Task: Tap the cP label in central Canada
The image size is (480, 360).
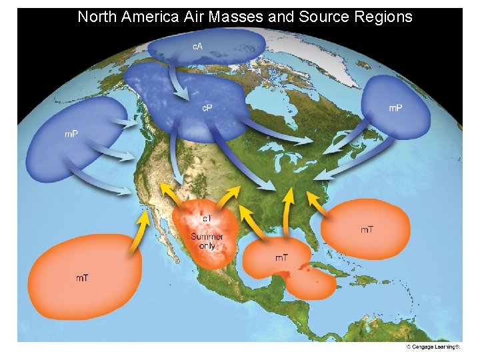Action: (x=207, y=108)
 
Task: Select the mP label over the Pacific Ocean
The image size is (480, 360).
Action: (x=71, y=134)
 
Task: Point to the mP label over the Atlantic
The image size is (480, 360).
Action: (x=395, y=108)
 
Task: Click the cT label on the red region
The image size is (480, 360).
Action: (x=207, y=219)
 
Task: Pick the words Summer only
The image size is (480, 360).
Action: (x=207, y=241)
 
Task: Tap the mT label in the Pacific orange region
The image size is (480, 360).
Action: (x=81, y=277)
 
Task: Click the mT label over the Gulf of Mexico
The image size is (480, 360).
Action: (x=281, y=257)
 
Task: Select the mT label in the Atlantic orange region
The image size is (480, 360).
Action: (x=367, y=230)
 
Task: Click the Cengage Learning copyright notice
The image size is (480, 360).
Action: (x=433, y=347)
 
